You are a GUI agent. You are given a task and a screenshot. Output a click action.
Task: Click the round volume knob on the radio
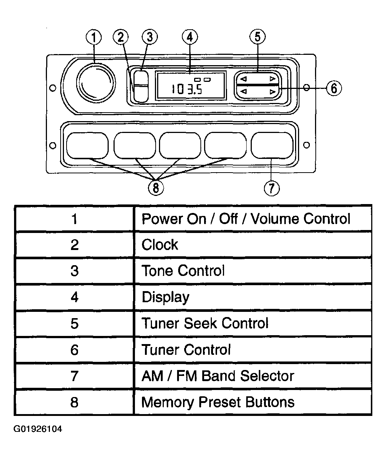(96, 83)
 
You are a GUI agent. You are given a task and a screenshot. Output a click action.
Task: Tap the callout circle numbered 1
(94, 37)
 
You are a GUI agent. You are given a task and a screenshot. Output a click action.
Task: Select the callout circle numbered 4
(190, 37)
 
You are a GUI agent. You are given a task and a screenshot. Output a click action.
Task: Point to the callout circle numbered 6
(334, 88)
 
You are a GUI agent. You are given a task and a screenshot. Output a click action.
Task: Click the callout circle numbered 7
(272, 188)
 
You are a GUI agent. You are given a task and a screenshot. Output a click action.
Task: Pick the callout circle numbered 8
(156, 188)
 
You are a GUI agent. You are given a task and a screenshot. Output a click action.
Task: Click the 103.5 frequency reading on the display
(187, 89)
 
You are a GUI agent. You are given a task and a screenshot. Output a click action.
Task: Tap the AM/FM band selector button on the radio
(272, 146)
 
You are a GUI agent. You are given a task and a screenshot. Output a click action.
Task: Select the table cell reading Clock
(253, 244)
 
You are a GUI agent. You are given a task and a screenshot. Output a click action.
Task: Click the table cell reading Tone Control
(253, 271)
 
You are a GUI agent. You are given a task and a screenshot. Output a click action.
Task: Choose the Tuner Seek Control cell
(253, 323)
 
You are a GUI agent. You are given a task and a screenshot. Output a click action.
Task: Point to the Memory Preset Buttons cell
(253, 402)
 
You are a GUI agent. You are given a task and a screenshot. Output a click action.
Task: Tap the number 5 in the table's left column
(75, 324)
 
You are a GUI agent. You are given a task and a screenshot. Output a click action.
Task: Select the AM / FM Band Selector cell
(253, 376)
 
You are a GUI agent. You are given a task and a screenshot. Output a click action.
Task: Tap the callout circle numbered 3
(150, 37)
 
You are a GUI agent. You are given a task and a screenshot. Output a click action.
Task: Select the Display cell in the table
(253, 297)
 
